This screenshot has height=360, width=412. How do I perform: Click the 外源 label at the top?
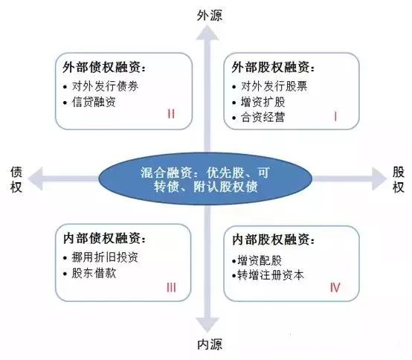tap(210, 15)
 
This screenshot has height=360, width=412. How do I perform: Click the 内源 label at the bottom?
tap(210, 344)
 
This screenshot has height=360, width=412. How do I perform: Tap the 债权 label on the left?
tap(16, 179)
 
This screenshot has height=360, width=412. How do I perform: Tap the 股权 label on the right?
tap(399, 179)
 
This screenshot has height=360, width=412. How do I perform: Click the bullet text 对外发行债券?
tap(105, 86)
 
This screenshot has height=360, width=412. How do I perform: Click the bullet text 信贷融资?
tap(94, 102)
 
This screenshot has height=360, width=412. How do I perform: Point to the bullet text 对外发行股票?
tap(274, 86)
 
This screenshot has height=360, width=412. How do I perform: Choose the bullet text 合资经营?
tap(263, 118)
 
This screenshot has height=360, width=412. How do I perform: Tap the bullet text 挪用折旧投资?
tap(105, 257)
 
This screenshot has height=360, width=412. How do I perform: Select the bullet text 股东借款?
tap(94, 273)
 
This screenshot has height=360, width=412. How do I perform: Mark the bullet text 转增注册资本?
tap(271, 275)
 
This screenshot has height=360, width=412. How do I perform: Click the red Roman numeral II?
tap(171, 114)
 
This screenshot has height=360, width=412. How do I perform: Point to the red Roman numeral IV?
tap(335, 287)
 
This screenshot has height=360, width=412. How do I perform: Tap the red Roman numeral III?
tap(171, 287)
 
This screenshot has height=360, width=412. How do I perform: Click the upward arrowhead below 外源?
tap(207, 33)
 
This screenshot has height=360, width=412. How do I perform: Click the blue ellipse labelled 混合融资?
tap(205, 179)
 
